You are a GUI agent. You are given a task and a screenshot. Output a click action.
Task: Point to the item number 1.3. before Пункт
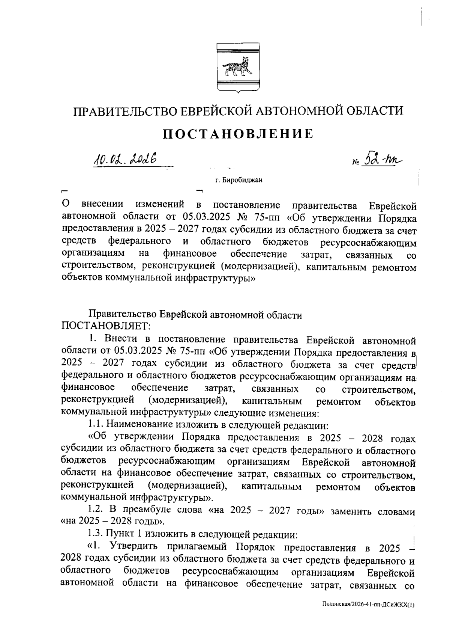[x=96, y=534]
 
